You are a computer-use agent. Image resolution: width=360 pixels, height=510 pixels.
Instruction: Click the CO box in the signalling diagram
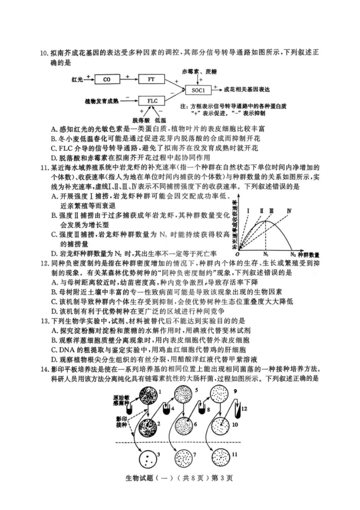(107, 80)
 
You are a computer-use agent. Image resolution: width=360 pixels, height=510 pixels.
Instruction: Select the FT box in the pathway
(151, 79)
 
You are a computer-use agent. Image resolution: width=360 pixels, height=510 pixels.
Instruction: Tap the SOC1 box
(198, 90)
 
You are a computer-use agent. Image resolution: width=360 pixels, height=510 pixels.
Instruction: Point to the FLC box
(152, 101)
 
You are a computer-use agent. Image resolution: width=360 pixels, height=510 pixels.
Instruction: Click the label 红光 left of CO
(77, 80)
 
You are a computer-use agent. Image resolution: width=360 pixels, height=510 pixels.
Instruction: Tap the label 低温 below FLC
(160, 120)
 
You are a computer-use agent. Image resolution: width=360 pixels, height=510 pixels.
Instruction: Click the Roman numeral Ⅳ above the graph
(289, 211)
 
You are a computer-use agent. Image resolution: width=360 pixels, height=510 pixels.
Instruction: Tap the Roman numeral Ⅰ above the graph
(248, 211)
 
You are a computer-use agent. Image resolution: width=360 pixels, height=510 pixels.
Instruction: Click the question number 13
(45, 321)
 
